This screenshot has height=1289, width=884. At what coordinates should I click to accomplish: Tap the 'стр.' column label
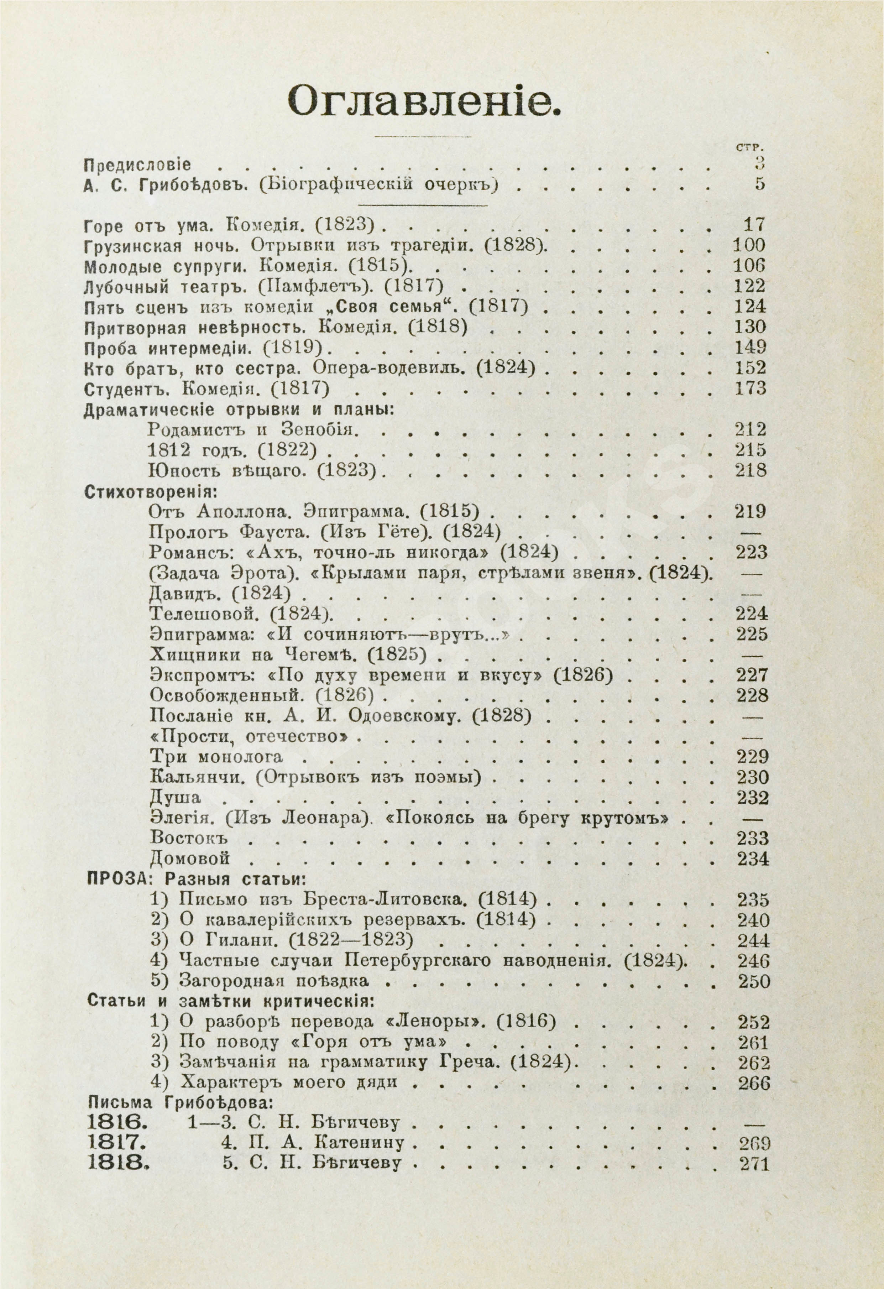pyautogui.click(x=750, y=147)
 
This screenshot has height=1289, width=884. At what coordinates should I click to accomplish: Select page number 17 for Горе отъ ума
pyautogui.click(x=753, y=225)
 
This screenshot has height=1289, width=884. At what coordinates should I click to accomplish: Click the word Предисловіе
pyautogui.click(x=137, y=165)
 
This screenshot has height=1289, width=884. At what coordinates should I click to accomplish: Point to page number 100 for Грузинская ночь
pyautogui.click(x=749, y=245)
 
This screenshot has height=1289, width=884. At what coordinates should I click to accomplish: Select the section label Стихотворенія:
pyautogui.click(x=150, y=491)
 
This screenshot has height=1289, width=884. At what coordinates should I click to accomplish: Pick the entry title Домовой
pyautogui.click(x=190, y=859)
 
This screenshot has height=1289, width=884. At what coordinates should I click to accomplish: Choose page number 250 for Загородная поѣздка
pyautogui.click(x=754, y=982)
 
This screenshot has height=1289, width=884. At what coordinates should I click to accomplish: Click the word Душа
pyautogui.click(x=175, y=798)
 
